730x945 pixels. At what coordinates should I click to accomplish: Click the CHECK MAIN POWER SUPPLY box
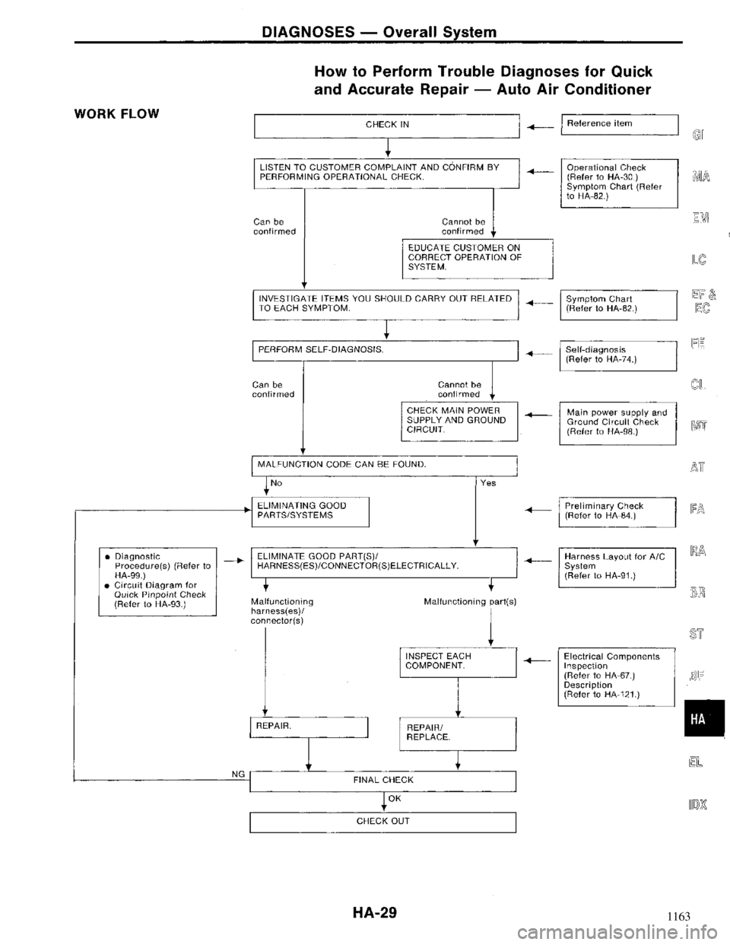(459, 420)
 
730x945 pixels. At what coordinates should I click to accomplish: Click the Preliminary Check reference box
(617, 511)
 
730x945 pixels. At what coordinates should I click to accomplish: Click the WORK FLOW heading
(116, 114)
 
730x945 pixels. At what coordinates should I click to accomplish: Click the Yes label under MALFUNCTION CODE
(488, 482)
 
